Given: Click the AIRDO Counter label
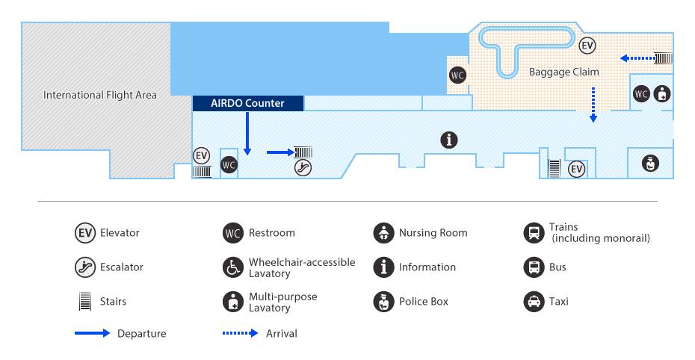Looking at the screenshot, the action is (247, 103).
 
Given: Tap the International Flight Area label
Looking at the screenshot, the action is (99, 95).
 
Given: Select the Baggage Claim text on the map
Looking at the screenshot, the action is (563, 72).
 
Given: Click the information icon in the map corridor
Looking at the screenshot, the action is (449, 140).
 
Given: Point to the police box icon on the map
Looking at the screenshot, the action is (650, 164).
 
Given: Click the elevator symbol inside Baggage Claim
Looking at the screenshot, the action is (587, 45).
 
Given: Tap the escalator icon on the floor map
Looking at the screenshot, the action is (303, 167).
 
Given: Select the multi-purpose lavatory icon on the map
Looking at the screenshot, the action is (662, 94).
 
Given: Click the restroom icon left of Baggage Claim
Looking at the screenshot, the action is (457, 75).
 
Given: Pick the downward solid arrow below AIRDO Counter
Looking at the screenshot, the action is (247, 133).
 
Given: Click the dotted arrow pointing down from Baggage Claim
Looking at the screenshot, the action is (593, 105).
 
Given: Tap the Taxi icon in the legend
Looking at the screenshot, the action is (534, 302).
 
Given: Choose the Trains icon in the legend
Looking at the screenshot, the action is (534, 233).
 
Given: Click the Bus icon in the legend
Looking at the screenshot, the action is (534, 267).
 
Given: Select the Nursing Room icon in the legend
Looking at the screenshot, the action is (383, 233).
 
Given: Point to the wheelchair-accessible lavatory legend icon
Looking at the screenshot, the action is (233, 267).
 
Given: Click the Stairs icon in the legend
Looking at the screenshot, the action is (85, 301).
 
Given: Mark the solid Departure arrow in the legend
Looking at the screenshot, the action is (92, 333).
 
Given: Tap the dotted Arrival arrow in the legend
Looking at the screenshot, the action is (240, 333).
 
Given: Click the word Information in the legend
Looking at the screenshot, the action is (427, 267).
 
